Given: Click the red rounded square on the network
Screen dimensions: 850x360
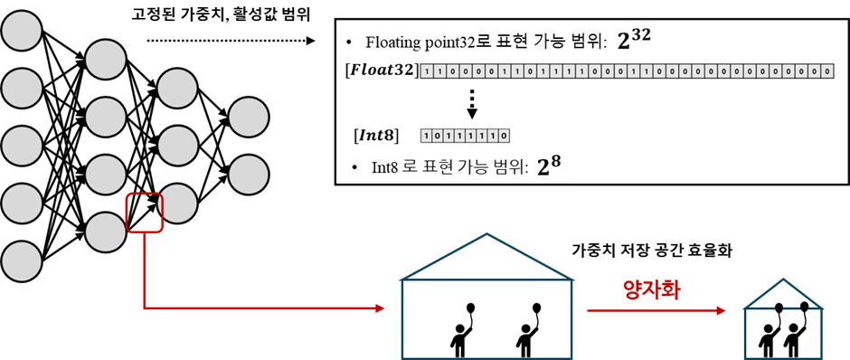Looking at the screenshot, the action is pyautogui.click(x=143, y=212).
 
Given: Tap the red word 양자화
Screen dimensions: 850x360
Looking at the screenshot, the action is pyautogui.click(x=651, y=289).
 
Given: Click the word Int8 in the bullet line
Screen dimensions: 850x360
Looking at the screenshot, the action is pyautogui.click(x=385, y=168).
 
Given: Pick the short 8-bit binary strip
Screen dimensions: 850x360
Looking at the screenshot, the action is pyautogui.click(x=466, y=137).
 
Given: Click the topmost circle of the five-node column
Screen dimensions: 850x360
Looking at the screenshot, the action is pyautogui.click(x=22, y=33).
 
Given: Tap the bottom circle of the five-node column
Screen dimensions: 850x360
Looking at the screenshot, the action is pyautogui.click(x=22, y=261).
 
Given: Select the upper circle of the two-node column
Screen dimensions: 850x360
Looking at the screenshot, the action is pyautogui.click(x=248, y=118).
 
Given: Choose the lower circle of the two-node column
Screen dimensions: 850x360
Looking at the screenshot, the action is pyautogui.click(x=248, y=175).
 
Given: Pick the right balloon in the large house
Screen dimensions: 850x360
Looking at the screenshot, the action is pyautogui.click(x=535, y=308).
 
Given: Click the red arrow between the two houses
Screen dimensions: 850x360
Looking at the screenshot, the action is pyautogui.click(x=656, y=310).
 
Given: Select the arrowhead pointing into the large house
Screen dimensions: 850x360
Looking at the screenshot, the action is pyautogui.click(x=380, y=309).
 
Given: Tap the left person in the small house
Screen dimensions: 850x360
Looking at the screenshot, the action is pyautogui.click(x=770, y=340).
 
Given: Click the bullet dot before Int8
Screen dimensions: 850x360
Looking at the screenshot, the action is pyautogui.click(x=354, y=169).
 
